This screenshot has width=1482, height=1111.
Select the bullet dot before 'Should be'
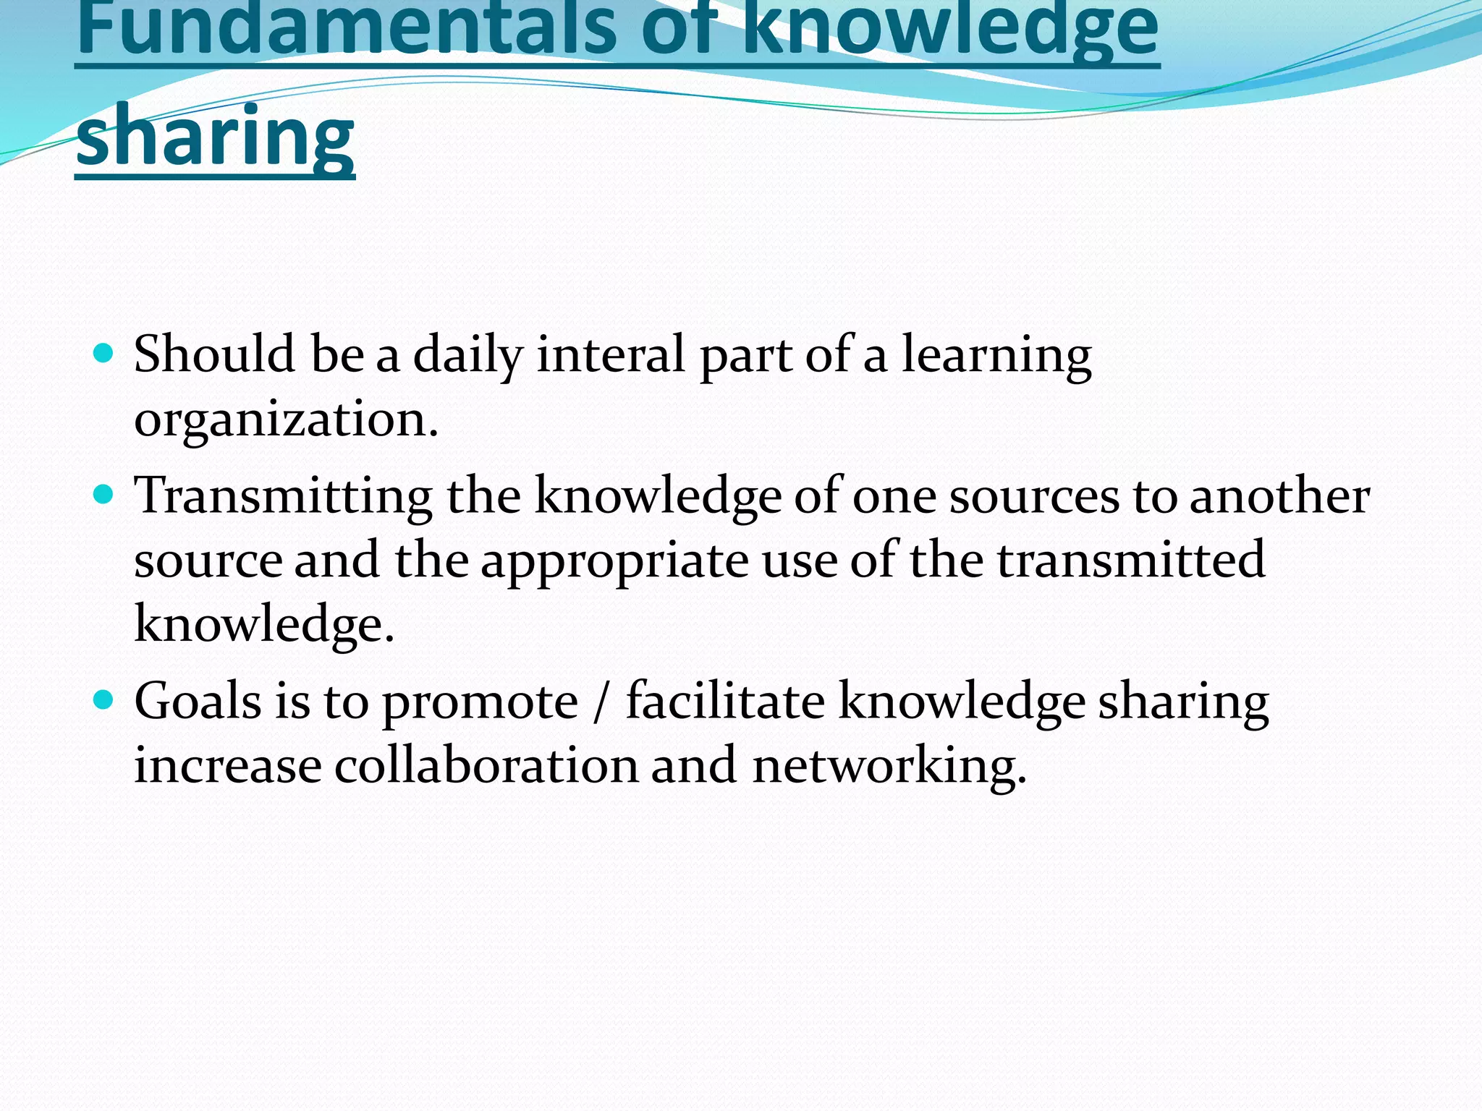point(104,353)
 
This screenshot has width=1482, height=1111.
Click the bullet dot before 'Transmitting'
point(104,495)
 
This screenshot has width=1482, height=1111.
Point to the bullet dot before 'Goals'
point(104,700)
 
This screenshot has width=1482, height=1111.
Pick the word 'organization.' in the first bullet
point(287,420)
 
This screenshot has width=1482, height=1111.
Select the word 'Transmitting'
point(284,496)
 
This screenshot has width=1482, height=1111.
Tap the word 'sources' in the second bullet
point(1035,498)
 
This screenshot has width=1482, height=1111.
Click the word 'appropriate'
point(614,561)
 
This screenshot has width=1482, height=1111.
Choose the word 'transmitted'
point(1131,560)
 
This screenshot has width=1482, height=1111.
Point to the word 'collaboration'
point(486,765)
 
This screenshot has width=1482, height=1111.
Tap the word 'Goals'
point(198,702)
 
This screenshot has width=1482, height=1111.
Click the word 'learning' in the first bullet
point(996,356)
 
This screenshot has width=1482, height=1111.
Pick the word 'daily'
point(467,356)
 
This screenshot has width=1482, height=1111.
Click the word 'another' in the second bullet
point(1279,498)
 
